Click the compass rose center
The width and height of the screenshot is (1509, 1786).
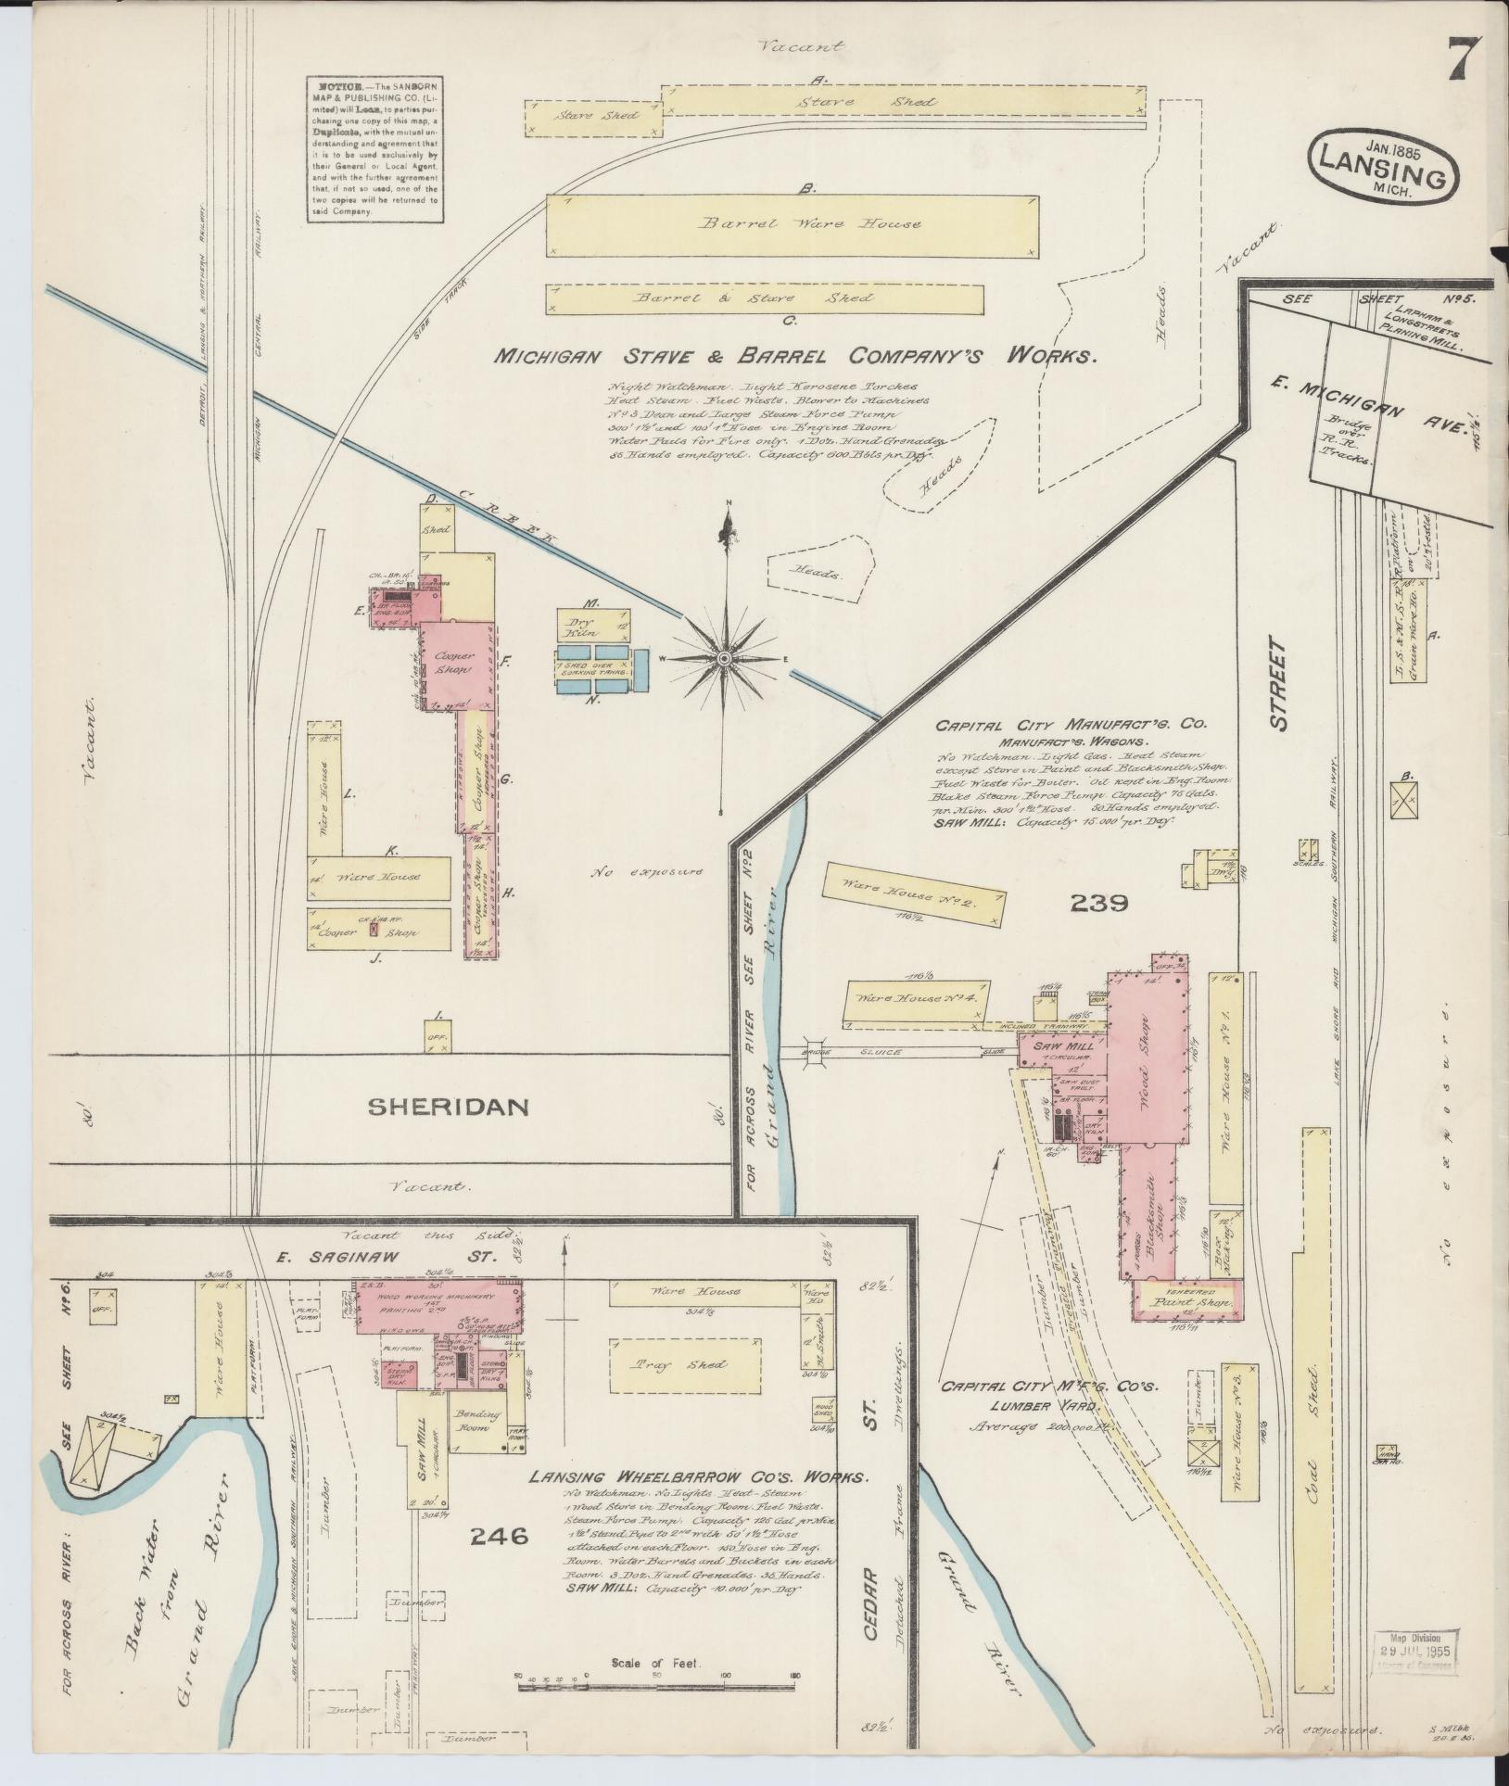coord(724,658)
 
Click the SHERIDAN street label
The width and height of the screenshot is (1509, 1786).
coord(449,1106)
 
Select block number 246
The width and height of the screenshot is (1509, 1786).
coord(499,1537)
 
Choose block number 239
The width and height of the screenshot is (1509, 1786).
coord(1099,902)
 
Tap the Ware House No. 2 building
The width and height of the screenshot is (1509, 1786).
coord(913,894)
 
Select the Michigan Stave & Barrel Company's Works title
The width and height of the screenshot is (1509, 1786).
coord(795,355)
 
